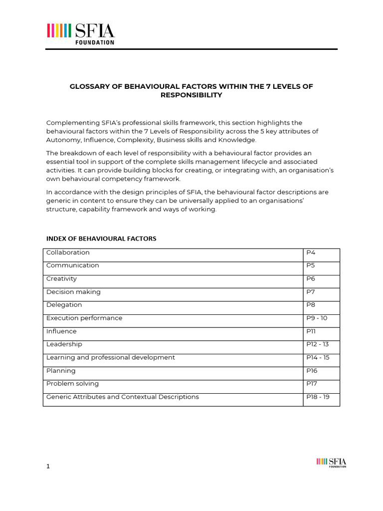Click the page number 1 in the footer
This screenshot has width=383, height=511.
coord(48,466)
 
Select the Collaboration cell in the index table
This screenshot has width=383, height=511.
coord(68,253)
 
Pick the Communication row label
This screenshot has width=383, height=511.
coord(73,265)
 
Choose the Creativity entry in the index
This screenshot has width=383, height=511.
coord(61,278)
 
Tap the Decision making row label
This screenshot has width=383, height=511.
coord(73,292)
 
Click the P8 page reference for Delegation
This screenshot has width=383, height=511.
coord(311,305)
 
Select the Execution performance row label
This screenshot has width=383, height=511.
coord(84,318)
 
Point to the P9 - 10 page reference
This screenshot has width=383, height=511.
coord(317,318)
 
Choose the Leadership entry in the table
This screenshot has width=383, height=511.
coord(64,344)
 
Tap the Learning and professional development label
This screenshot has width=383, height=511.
coord(111,357)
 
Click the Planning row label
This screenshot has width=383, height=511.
coord(61,371)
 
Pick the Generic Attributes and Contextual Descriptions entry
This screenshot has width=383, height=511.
coord(123,397)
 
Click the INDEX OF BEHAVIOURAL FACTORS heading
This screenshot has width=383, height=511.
coord(101,239)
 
